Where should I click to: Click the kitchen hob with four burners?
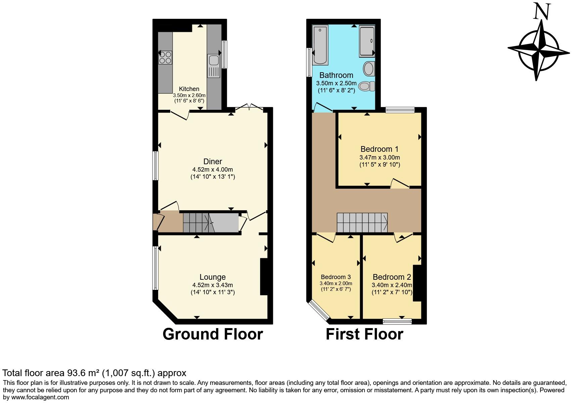pyautogui.click(x=165, y=57)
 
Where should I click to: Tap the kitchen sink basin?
pyautogui.click(x=213, y=60)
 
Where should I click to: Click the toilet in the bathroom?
pyautogui.click(x=367, y=86)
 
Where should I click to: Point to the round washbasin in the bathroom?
pyautogui.click(x=369, y=69)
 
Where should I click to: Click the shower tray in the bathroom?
pyautogui.click(x=367, y=41)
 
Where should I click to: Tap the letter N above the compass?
pyautogui.click(x=542, y=12)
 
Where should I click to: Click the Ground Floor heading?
pyautogui.click(x=212, y=334)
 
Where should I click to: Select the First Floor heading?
pyautogui.click(x=364, y=334)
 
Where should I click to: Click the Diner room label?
pyautogui.click(x=212, y=161)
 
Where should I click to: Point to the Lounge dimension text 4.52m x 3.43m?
pyautogui.click(x=212, y=285)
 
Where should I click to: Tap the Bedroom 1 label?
pyautogui.click(x=379, y=149)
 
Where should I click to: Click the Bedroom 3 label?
pyautogui.click(x=336, y=277)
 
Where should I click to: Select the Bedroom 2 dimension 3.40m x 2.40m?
pyautogui.click(x=392, y=285)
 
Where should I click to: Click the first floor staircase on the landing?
pyautogui.click(x=362, y=223)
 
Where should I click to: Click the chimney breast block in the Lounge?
pyautogui.click(x=264, y=276)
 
